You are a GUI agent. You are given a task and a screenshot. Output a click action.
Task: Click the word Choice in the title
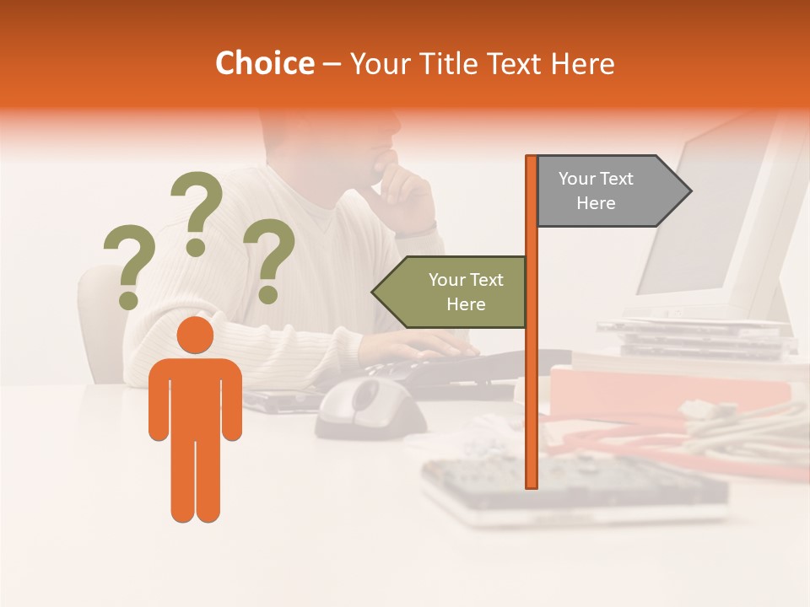pos(264,63)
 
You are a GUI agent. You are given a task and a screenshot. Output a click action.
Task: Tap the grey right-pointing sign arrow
pos(612,191)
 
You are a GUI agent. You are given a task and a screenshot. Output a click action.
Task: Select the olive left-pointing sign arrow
pos(451,292)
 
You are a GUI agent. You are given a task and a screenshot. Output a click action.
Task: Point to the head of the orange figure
pos(195,335)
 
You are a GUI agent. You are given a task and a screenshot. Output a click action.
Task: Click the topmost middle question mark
pos(197,212)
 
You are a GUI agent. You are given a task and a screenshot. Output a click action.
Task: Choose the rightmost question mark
pos(269,260)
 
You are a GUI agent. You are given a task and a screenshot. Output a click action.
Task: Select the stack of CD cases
pos(709,337)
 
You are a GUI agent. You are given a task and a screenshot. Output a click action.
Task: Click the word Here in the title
pos(582,63)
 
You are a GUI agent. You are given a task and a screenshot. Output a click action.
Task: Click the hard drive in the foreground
pos(574,489)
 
